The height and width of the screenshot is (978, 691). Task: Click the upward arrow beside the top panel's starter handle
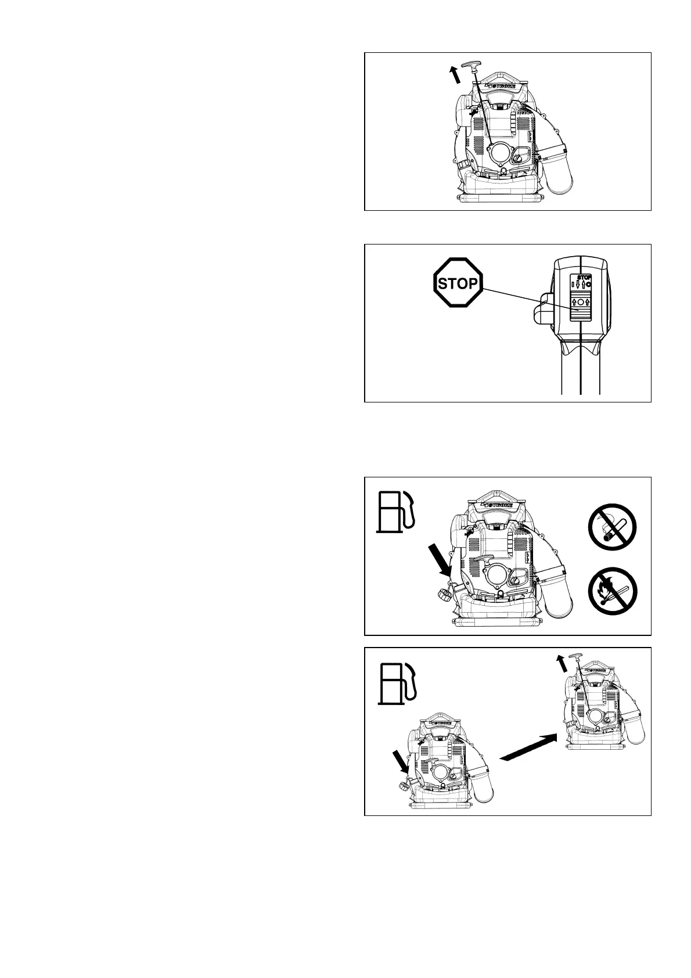[x=456, y=75]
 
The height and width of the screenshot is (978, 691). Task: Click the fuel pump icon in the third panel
[x=396, y=510]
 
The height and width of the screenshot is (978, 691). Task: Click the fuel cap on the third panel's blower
[x=443, y=595]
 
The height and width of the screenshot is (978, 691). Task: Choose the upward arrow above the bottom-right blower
[x=562, y=663]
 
